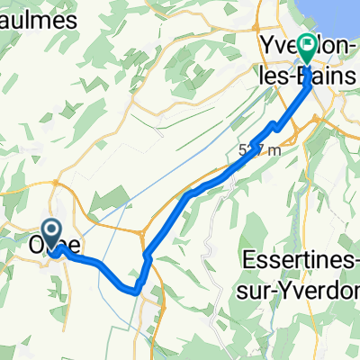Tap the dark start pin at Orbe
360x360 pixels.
tap(52, 235)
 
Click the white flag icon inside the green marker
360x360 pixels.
tap(308, 44)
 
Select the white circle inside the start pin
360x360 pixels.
tap(52, 231)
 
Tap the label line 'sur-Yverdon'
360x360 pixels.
tap(302, 290)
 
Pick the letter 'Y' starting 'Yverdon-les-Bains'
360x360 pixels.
tap(267, 46)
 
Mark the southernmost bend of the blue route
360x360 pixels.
tap(135, 292)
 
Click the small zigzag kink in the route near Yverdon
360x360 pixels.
tap(274, 122)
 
